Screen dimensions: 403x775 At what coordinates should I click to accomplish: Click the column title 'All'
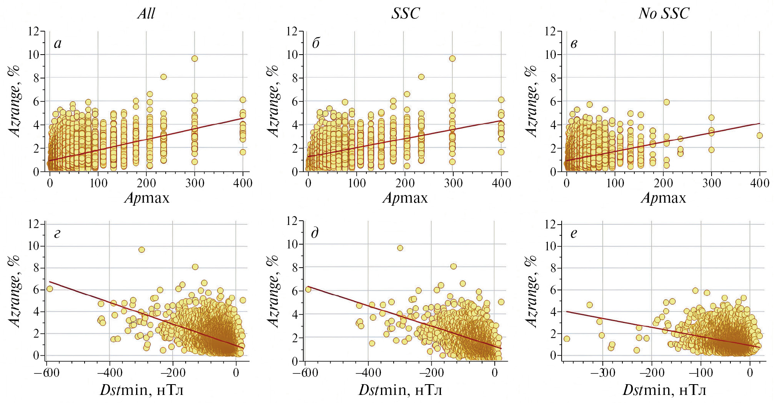[x=146, y=13]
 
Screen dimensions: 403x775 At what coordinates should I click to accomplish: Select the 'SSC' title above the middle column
[x=406, y=13]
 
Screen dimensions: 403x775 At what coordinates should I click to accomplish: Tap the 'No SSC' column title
[x=664, y=13]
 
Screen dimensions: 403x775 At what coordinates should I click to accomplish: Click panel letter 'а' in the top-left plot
[x=58, y=43]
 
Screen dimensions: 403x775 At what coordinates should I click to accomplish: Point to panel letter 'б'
[x=316, y=43]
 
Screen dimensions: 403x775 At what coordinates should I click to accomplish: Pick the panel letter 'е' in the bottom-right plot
[x=574, y=233]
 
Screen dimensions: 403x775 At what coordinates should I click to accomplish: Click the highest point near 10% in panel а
[x=195, y=58]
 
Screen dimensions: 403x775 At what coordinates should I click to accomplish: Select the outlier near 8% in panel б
[x=421, y=77]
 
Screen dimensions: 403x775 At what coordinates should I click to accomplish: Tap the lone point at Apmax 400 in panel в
[x=760, y=135]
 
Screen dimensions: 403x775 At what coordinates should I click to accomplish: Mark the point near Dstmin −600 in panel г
[x=50, y=289]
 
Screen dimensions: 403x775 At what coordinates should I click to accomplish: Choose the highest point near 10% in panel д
[x=400, y=248]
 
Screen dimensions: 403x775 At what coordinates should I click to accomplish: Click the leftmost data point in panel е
[x=567, y=339]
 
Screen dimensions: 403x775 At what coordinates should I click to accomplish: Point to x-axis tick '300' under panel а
[x=195, y=183]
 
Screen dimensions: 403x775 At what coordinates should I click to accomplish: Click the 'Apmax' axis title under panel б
[x=405, y=198]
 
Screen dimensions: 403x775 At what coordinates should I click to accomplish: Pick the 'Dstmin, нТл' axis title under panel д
[x=400, y=390]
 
